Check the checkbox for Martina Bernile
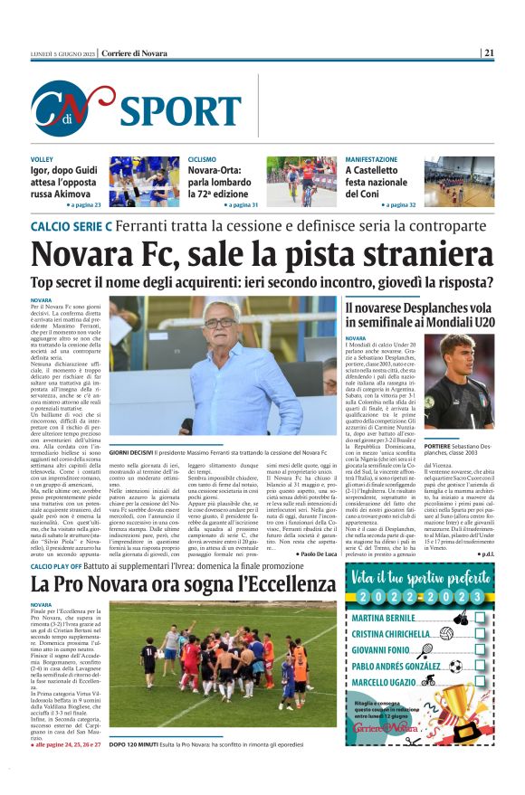(480, 617)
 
